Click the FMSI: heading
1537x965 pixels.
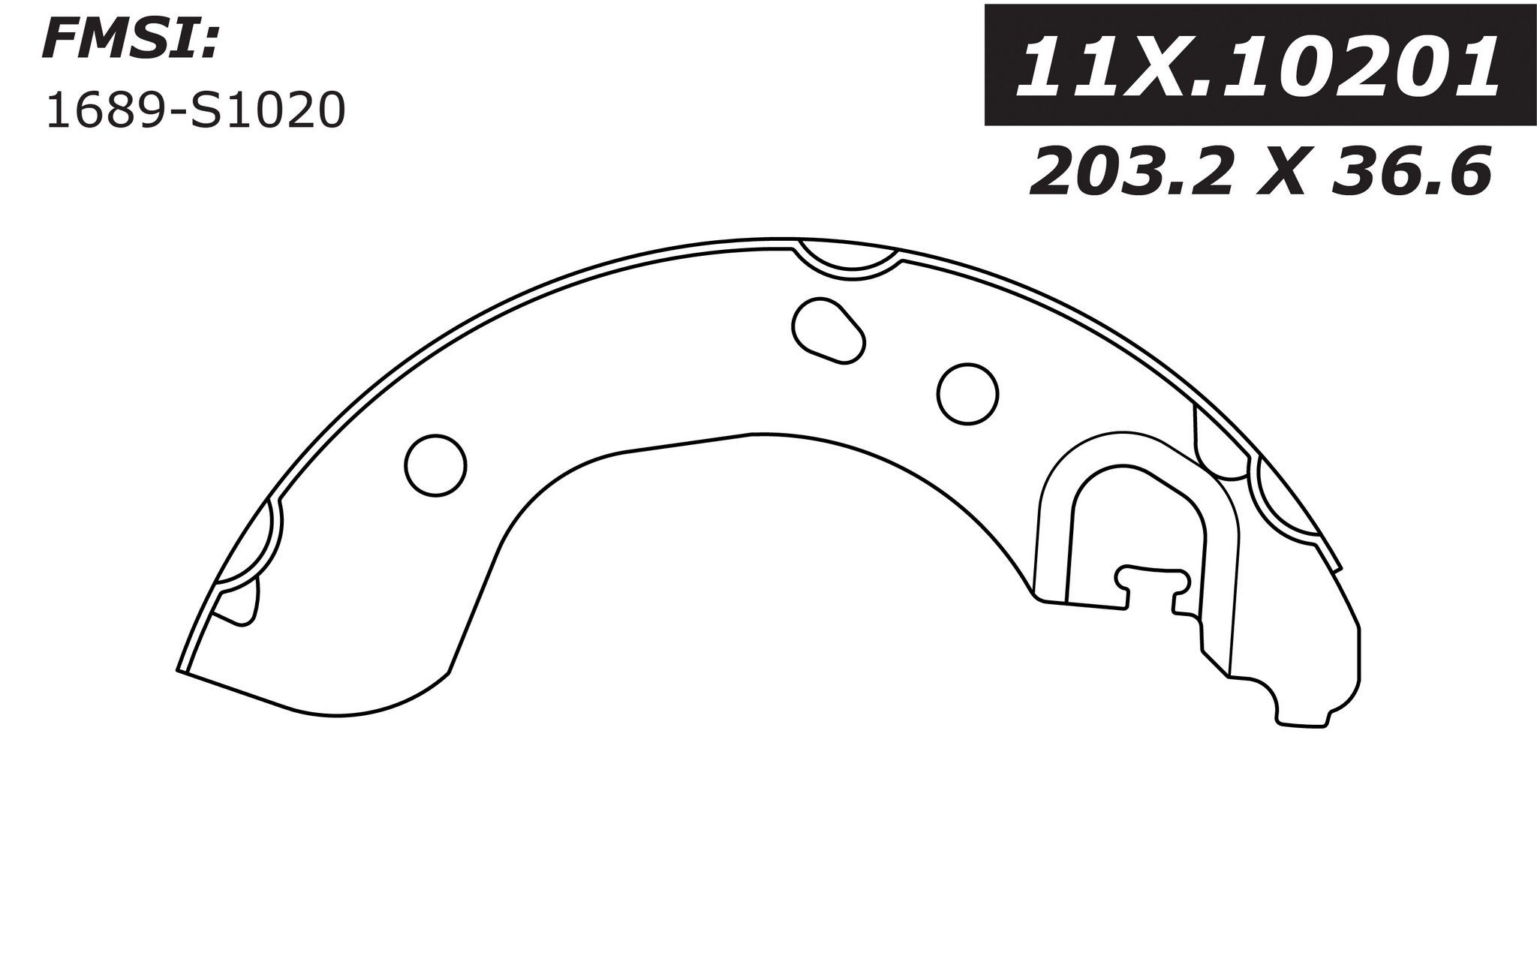(132, 40)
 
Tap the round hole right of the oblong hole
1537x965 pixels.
(967, 394)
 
